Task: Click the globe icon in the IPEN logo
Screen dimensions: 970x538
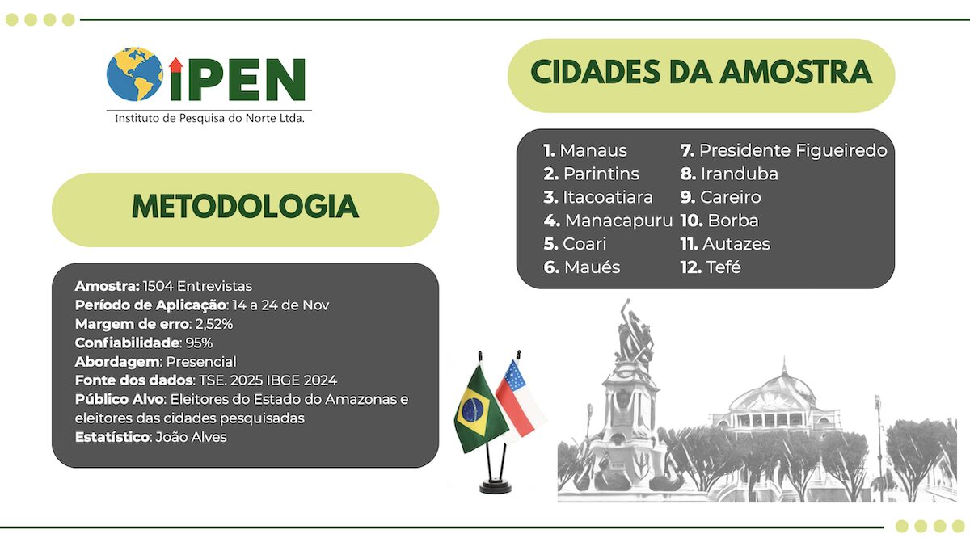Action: (135, 74)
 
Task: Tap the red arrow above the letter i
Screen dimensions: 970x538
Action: (176, 65)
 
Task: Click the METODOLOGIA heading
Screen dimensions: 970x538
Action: (245, 207)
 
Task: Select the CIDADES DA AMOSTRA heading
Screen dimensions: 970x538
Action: (701, 72)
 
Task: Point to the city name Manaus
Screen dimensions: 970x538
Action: (593, 150)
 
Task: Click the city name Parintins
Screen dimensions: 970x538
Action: (601, 174)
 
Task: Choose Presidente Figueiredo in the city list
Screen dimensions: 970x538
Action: (793, 150)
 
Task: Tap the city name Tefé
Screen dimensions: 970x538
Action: (723, 267)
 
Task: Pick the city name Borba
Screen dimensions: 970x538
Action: (733, 221)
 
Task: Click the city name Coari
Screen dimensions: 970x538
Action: (584, 244)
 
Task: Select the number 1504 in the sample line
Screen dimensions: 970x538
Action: (158, 286)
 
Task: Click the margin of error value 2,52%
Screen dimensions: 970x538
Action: (214, 324)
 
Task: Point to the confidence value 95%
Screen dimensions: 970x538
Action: (199, 343)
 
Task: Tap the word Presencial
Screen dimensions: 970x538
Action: (201, 362)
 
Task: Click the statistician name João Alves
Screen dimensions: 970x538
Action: (191, 437)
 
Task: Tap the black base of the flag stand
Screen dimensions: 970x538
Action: (496, 486)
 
